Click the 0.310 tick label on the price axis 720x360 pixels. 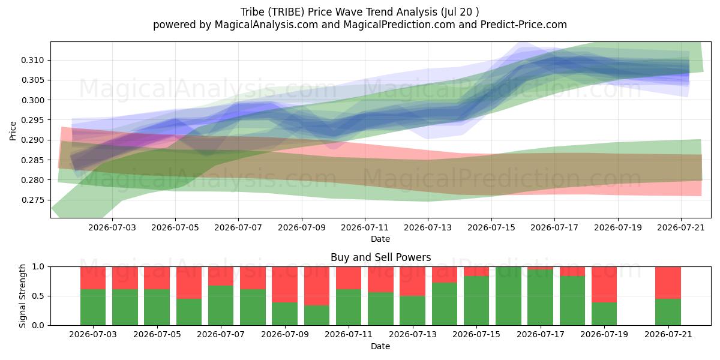pyautogui.click(x=32, y=60)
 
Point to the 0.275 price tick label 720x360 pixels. pyautogui.click(x=32, y=200)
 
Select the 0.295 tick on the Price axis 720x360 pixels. pyautogui.click(x=32, y=120)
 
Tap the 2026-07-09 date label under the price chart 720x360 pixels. pyautogui.click(x=301, y=227)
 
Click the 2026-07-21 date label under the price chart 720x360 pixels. pyautogui.click(x=681, y=227)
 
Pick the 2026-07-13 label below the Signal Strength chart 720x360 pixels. pyautogui.click(x=413, y=334)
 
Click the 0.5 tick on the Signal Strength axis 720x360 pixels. pyautogui.click(x=38, y=296)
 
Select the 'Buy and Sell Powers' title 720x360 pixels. pyautogui.click(x=380, y=257)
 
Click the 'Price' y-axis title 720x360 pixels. pyautogui.click(x=13, y=131)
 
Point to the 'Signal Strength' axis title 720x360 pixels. pyautogui.click(x=22, y=296)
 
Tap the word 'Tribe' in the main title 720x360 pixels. pyautogui.click(x=253, y=12)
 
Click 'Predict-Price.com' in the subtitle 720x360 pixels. pyautogui.click(x=524, y=25)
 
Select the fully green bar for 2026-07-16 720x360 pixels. pyautogui.click(x=508, y=296)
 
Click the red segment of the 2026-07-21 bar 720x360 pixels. pyautogui.click(x=668, y=283)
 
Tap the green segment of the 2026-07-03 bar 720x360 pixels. pyautogui.click(x=93, y=307)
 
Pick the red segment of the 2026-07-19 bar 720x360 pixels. pyautogui.click(x=604, y=284)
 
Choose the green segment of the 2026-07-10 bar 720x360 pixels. pyautogui.click(x=317, y=316)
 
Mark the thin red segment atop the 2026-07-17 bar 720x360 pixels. pyautogui.click(x=541, y=268)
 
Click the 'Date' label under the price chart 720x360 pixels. pyautogui.click(x=380, y=239)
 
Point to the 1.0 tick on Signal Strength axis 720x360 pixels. pyautogui.click(x=38, y=266)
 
